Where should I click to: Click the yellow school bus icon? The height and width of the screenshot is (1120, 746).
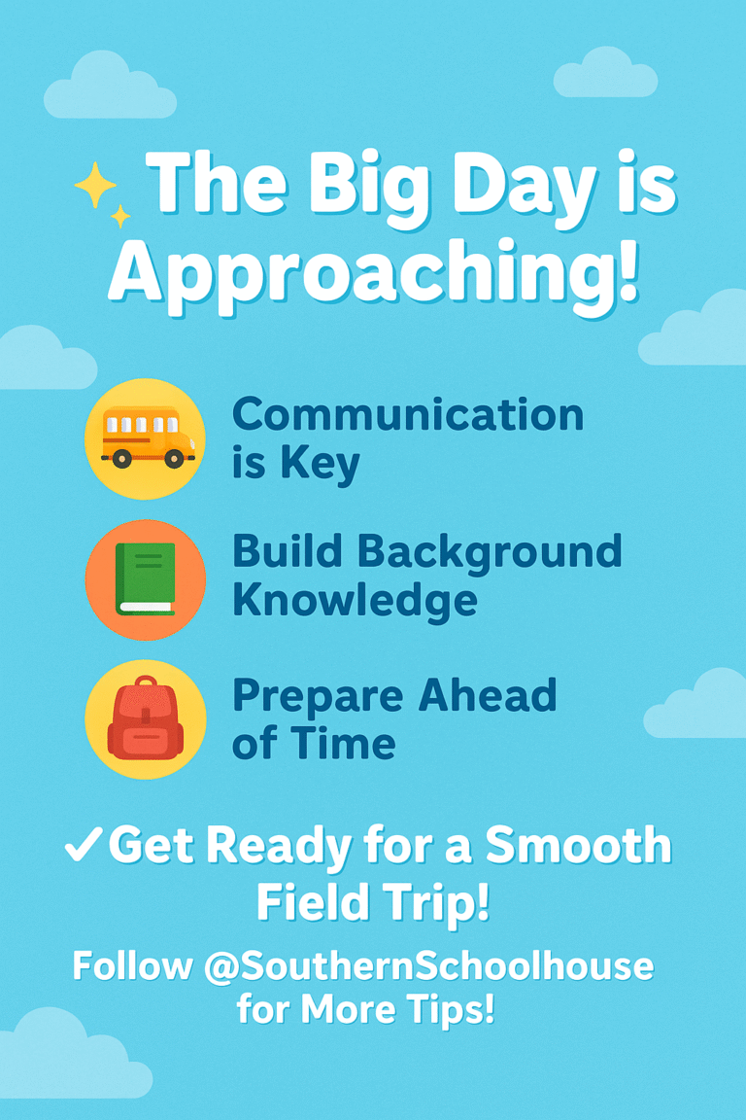(146, 438)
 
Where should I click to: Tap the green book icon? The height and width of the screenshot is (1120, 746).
(146, 578)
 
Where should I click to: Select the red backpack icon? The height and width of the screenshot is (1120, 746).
(146, 718)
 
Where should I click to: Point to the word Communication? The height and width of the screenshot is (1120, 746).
(408, 415)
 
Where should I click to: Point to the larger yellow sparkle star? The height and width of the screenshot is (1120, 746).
(95, 185)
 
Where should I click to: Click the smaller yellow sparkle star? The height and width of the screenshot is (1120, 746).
(120, 215)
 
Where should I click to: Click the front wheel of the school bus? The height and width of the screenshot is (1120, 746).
(174, 459)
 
